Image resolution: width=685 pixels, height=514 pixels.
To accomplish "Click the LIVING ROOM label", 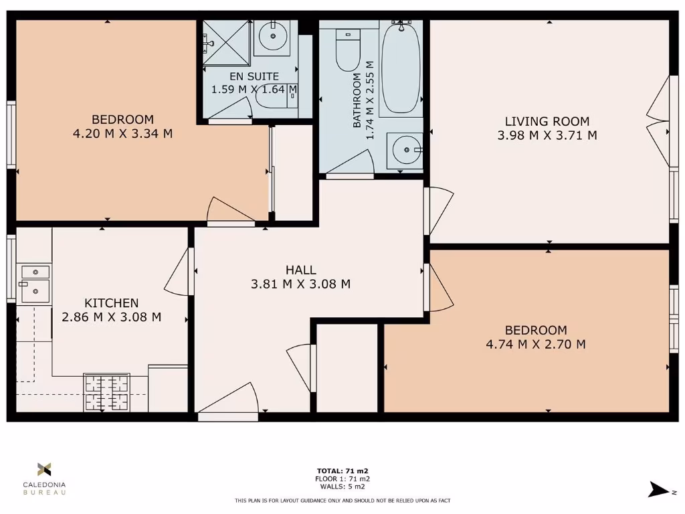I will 547,121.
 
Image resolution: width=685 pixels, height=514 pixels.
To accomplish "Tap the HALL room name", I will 300,270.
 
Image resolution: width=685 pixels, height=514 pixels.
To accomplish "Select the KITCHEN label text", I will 111,303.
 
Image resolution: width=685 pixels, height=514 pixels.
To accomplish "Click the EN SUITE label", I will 254,76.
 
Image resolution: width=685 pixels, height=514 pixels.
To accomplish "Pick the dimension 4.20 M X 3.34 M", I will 122,134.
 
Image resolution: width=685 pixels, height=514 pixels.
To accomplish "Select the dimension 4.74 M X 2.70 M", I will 536,345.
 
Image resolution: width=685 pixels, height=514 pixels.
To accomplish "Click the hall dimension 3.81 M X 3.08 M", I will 300,284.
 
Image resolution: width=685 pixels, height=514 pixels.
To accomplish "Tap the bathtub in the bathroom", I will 401,67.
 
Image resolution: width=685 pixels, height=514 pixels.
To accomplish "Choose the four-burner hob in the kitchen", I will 106,392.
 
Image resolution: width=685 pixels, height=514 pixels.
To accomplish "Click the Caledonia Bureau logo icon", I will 44,469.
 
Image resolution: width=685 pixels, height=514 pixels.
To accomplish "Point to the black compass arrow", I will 658,490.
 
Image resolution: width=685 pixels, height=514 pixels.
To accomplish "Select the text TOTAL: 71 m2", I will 342,471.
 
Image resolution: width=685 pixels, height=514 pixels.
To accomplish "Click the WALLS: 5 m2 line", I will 342,487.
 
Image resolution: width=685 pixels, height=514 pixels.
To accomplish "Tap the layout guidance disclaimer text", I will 342,501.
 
